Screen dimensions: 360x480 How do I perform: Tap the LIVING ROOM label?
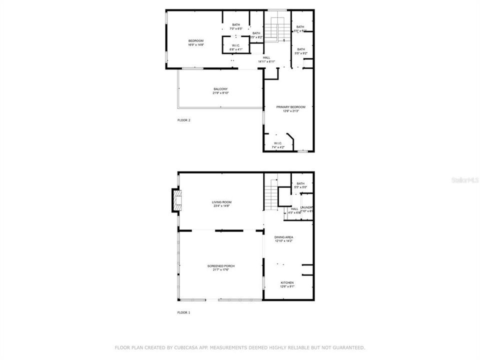(x=221, y=202)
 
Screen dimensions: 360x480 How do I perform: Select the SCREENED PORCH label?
(x=221, y=266)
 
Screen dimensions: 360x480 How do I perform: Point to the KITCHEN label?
(x=287, y=282)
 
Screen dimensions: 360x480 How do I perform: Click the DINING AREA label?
(x=283, y=237)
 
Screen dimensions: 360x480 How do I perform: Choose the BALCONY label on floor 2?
(x=220, y=89)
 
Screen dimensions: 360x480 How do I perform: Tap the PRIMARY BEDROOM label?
(x=290, y=107)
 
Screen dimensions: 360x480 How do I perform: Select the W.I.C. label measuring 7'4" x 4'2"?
(x=278, y=143)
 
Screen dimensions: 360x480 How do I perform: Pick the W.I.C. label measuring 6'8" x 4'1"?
(x=235, y=45)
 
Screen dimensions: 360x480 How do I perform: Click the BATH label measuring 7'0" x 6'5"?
(x=235, y=25)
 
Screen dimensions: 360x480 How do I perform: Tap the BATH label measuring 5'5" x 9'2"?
(x=301, y=49)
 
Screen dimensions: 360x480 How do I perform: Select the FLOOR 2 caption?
(x=184, y=120)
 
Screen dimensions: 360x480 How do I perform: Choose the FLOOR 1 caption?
(x=184, y=312)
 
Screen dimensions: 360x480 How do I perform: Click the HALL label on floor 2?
(x=266, y=57)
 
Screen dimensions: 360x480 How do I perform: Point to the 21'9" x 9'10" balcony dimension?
(x=220, y=93)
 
